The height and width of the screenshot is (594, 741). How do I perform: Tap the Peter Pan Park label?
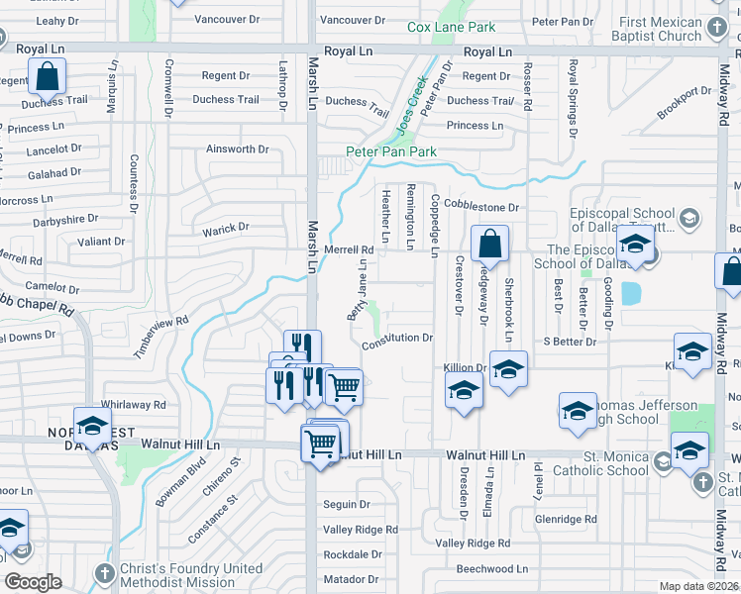click(x=390, y=151)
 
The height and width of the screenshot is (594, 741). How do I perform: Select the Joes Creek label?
click(x=411, y=108)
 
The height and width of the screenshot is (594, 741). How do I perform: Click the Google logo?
click(x=33, y=582)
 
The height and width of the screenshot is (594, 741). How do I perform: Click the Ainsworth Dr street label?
click(x=237, y=149)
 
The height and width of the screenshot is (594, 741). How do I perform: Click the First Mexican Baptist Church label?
click(x=659, y=30)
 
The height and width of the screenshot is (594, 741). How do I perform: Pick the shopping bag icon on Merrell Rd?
click(x=489, y=244)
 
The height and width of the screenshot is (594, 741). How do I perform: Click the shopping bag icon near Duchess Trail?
click(x=47, y=76)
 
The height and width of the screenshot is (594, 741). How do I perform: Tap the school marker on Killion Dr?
click(x=508, y=370)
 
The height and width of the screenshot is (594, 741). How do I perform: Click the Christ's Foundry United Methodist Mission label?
click(x=187, y=575)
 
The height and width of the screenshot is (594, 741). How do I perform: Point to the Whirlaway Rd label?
click(x=133, y=404)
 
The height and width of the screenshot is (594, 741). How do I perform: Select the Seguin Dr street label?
click(x=346, y=504)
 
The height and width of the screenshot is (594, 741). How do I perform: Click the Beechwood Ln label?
click(x=492, y=569)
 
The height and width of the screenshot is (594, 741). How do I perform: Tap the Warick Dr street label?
click(x=226, y=228)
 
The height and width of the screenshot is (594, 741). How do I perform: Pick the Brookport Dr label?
click(x=684, y=104)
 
